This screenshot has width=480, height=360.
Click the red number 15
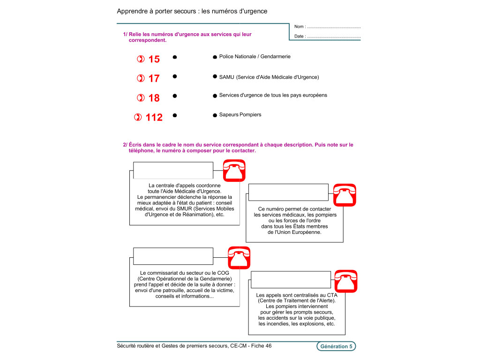pos(154,59)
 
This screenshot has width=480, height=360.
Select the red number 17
pos(154,78)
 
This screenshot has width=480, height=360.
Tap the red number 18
pos(154,98)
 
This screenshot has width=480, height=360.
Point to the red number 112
pos(154,117)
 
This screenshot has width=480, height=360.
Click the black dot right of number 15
pos(174,57)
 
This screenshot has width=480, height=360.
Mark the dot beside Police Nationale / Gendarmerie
pos(215,57)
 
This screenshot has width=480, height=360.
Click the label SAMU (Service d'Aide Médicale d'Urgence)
pos(269,77)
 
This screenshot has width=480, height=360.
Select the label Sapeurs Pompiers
pos(240,115)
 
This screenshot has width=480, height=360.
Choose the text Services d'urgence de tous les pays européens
pos(273,95)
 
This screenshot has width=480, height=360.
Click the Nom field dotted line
pos(333,27)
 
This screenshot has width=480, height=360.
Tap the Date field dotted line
pos(333,37)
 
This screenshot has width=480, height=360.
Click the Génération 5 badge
pos(336,346)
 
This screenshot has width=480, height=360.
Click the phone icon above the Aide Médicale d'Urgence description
pos(234,170)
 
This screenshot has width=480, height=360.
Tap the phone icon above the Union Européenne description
pos(345,195)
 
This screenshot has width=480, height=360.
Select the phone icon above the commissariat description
pos(239,257)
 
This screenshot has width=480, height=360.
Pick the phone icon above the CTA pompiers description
pos(346,281)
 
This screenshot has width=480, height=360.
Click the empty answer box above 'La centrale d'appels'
pos(173,170)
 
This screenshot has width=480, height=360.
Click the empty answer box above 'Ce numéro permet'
pos(288,192)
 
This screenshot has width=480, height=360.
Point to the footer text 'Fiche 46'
pos(261,346)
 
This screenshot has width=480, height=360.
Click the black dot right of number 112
pos(174,115)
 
